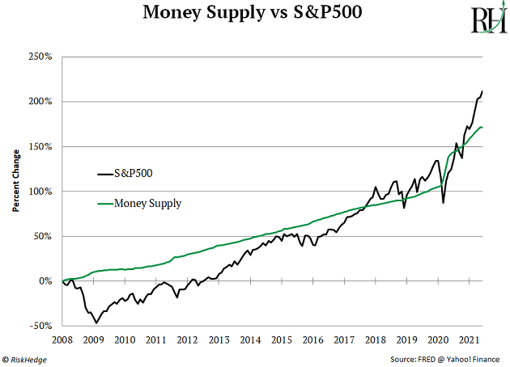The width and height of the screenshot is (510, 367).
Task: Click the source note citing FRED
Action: tap(447, 358)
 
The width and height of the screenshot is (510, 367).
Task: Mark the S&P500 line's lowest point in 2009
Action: tap(96, 323)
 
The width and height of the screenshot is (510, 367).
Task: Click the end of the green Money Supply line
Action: tap(483, 127)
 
